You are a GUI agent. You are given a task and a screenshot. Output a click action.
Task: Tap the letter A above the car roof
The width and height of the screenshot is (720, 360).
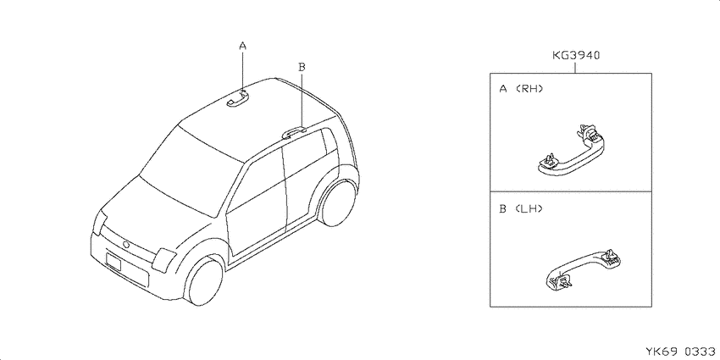[x=243, y=46]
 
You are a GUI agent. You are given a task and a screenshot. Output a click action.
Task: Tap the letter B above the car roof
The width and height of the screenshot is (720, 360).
[x=302, y=67]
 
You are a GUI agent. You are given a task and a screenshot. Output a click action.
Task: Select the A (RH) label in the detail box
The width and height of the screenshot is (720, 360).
[x=521, y=89]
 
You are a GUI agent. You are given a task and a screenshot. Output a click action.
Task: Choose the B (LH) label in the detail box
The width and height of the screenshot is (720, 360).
[x=521, y=209]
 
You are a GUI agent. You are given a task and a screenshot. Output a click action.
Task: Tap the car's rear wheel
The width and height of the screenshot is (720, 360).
[x=338, y=202]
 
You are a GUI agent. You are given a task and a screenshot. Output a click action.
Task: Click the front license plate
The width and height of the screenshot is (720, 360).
[x=113, y=262]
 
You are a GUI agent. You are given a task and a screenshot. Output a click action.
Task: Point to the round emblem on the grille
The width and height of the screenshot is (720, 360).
[x=126, y=244]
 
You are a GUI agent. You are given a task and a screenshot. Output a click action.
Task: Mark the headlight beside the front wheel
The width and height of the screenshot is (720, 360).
[x=164, y=260]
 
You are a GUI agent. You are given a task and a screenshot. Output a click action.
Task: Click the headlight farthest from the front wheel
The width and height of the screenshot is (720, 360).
[x=99, y=221]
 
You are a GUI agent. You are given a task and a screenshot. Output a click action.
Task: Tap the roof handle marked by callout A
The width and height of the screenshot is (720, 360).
[x=237, y=98]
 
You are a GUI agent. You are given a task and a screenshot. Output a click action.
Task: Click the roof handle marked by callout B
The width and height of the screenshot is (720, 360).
[x=294, y=132]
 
